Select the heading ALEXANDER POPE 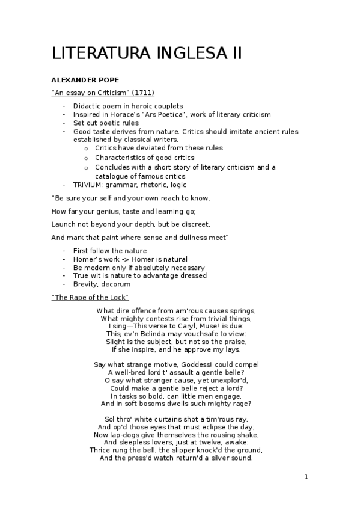click(x=85, y=80)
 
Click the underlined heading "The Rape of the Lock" click(x=90, y=298)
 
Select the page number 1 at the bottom click(x=306, y=477)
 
